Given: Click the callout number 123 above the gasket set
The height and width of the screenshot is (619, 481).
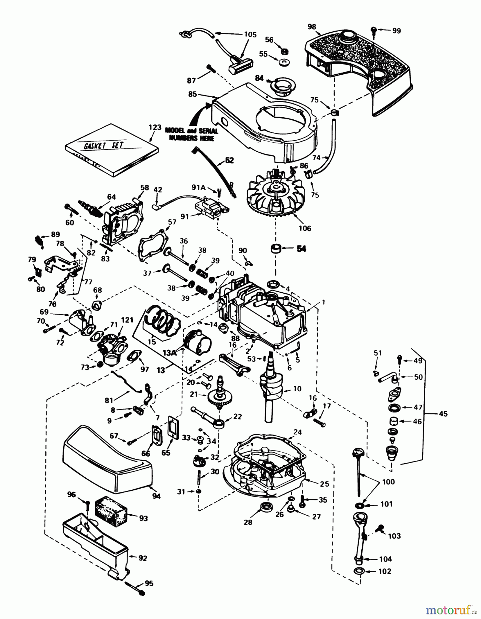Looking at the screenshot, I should click(x=155, y=127).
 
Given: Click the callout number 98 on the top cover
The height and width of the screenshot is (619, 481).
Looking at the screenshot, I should click(x=312, y=27).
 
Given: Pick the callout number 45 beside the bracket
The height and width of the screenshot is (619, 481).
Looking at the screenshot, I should click(x=443, y=414).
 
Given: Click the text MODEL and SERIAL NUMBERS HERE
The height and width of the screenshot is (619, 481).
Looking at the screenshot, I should click(x=190, y=134).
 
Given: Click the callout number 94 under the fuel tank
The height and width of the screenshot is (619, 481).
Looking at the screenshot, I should click(x=156, y=496).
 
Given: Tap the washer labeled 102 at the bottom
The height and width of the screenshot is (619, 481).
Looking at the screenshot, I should click(x=360, y=572).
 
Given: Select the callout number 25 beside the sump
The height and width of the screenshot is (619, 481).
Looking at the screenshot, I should click(x=324, y=484).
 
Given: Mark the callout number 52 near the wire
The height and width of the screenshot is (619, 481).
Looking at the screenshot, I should click(x=229, y=160).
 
